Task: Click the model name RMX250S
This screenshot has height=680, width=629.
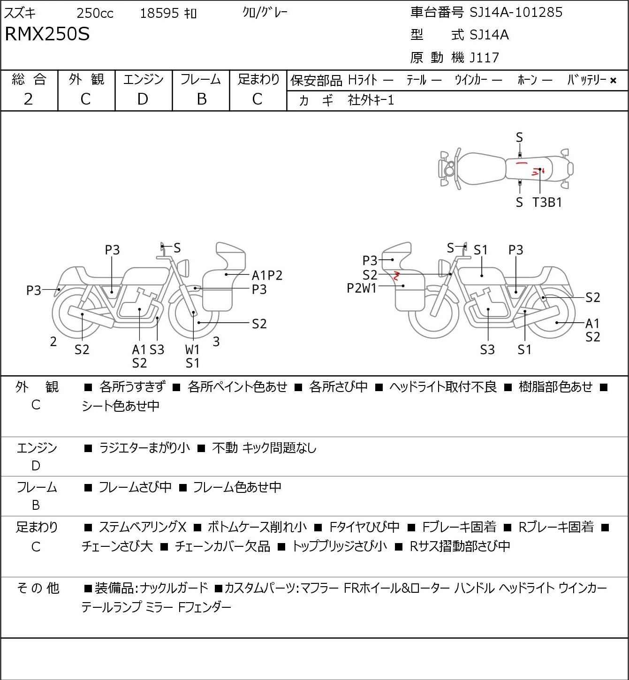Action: (x=47, y=34)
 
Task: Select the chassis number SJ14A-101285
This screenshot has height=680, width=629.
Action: (x=516, y=13)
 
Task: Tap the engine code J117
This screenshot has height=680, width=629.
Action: (x=485, y=58)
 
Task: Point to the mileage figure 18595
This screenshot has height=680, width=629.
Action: (x=159, y=13)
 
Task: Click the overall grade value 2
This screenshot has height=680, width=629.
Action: (x=29, y=99)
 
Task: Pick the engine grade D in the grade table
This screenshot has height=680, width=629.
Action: (x=143, y=99)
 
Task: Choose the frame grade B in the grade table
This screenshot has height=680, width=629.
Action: (x=201, y=99)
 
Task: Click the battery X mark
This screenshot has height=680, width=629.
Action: (x=613, y=81)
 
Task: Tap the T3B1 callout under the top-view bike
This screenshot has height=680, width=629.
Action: (x=547, y=202)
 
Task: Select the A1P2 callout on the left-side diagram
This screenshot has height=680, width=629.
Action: (x=267, y=275)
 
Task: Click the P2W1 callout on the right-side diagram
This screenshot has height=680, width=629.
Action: (x=362, y=288)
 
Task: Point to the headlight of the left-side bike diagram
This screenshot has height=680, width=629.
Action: (x=183, y=268)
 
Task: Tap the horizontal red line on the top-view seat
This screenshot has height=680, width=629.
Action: (x=522, y=163)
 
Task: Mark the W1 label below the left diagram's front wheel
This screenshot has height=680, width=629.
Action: (x=192, y=349)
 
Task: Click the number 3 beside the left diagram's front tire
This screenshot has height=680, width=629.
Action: (x=216, y=341)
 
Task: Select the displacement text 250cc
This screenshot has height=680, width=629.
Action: (x=95, y=13)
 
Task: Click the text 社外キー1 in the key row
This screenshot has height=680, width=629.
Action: (x=371, y=100)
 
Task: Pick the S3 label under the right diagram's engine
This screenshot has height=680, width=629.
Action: (x=487, y=349)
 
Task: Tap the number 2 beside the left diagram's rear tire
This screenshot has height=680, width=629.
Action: (x=53, y=341)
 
